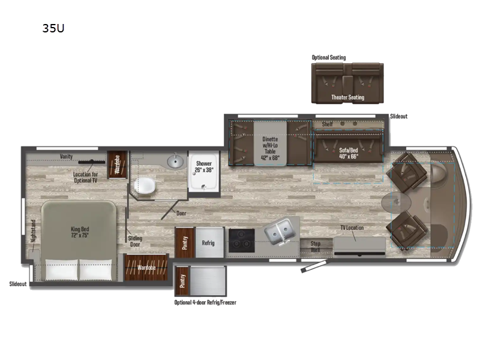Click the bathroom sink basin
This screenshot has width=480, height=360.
pyautogui.click(x=175, y=161)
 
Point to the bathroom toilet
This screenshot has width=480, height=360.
pyautogui.click(x=146, y=187)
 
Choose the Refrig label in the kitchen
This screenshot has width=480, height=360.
pyautogui.click(x=208, y=243)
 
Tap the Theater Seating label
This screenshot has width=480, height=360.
pyautogui.click(x=347, y=97)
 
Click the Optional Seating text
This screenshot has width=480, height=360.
pyautogui.click(x=328, y=58)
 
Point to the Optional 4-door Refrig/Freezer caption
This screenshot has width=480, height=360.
pyautogui.click(x=205, y=302)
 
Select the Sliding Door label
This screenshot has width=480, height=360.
pyautogui.click(x=136, y=242)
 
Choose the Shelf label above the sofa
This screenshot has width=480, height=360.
pyautogui.click(x=327, y=124)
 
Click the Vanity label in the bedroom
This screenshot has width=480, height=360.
pyautogui.click(x=66, y=157)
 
